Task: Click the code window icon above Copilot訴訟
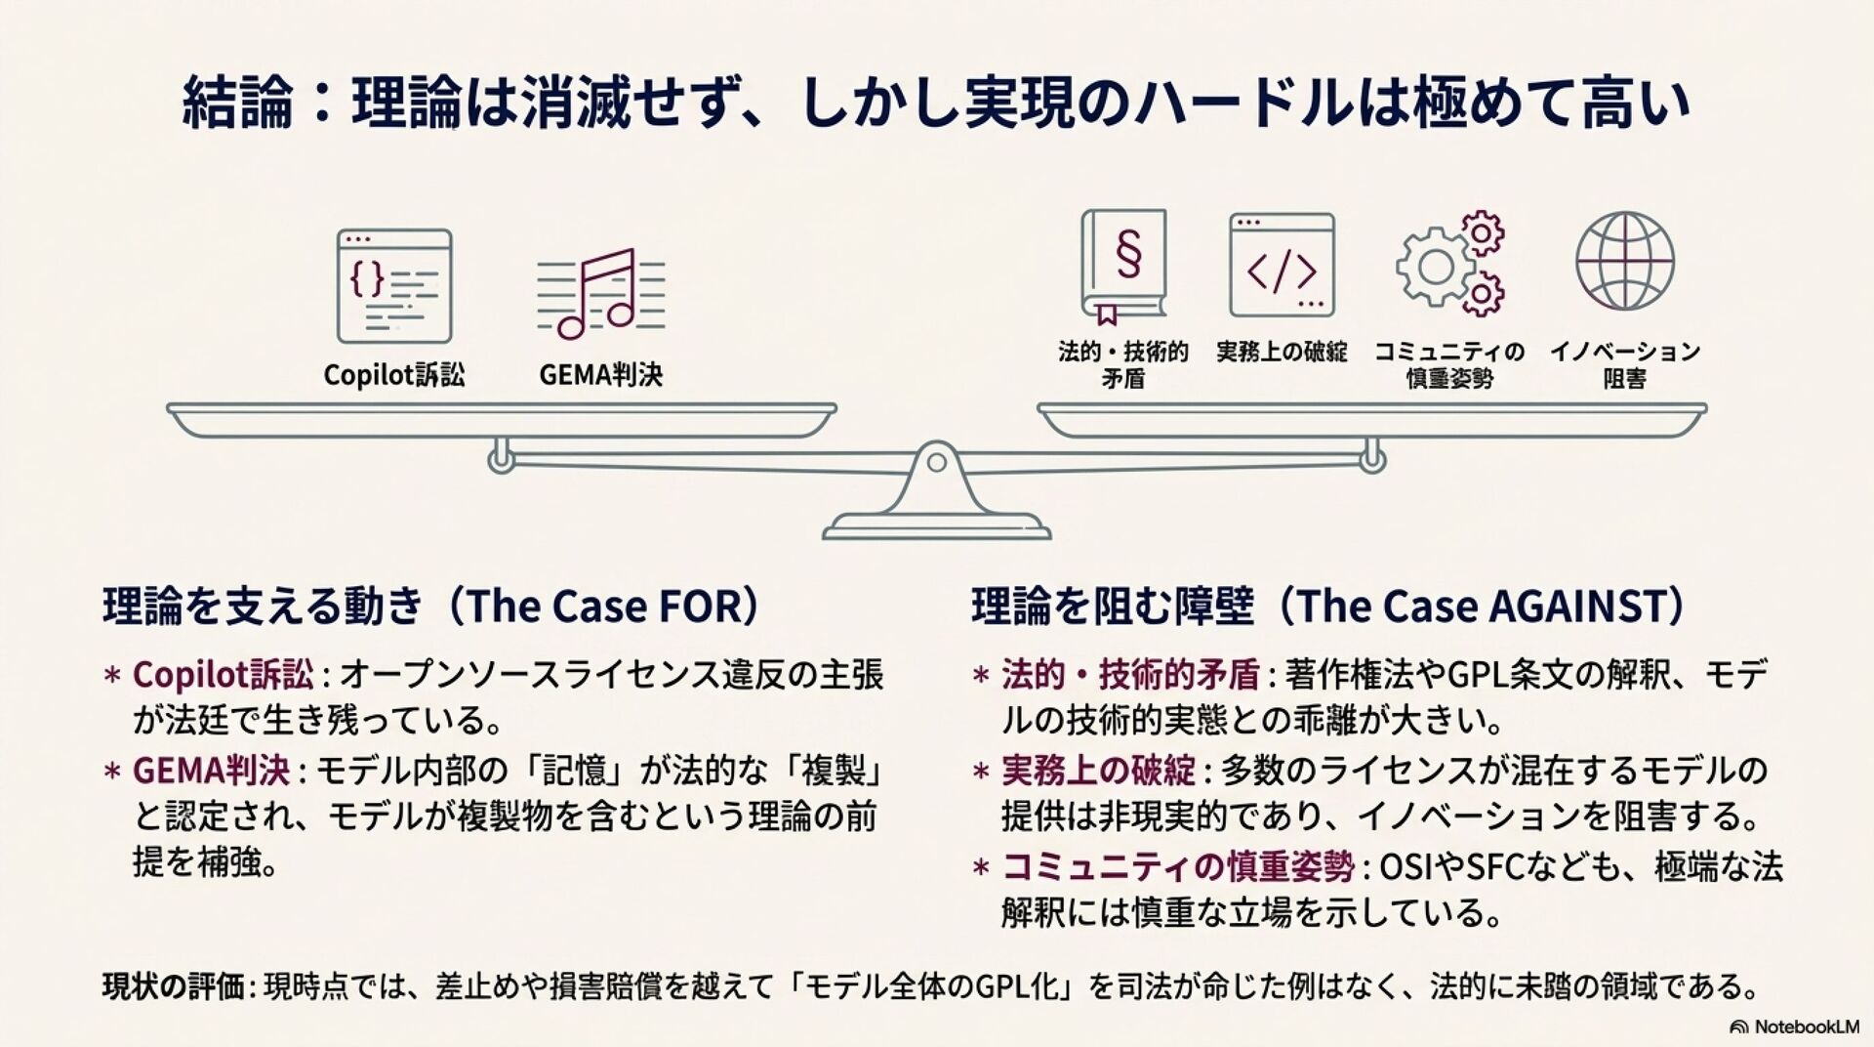[393, 285]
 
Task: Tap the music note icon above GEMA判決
[600, 294]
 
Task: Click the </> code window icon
[1281, 266]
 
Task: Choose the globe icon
[1624, 263]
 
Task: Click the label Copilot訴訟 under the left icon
[393, 375]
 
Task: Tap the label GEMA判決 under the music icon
[600, 375]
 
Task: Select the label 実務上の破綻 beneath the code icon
[1281, 353]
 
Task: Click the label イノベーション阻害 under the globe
[1624, 364]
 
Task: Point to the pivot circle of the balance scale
[936, 462]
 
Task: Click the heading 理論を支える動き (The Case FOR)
[430, 607]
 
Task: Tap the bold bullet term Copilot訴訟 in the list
[223, 675]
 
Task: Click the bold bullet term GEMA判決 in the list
[211, 771]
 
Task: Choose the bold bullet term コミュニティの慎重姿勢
[1177, 866]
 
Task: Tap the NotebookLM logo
[1794, 1026]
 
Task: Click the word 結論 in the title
[237, 105]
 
